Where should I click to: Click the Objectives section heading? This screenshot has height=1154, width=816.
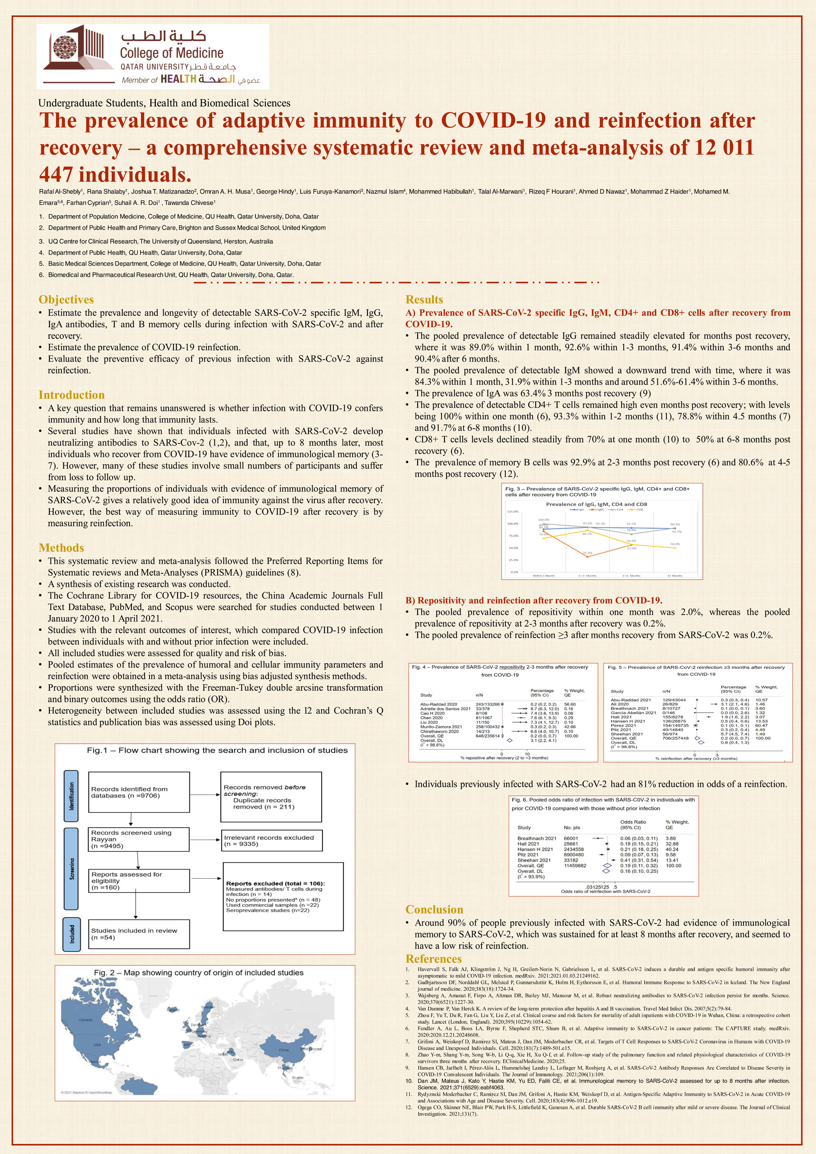[66, 300]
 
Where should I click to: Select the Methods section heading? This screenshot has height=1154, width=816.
[61, 548]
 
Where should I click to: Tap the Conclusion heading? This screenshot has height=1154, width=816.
[434, 910]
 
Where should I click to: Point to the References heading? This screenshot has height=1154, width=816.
[433, 959]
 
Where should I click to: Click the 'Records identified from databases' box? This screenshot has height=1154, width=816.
[139, 793]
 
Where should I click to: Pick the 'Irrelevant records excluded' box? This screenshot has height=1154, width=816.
[272, 840]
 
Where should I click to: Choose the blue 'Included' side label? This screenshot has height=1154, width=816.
[71, 934]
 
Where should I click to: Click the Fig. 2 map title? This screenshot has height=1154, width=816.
[199, 973]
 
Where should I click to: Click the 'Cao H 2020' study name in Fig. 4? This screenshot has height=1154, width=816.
[432, 713]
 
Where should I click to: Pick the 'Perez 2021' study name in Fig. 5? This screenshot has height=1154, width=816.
[623, 725]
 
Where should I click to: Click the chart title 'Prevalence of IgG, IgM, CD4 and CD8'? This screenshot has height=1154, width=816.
[596, 504]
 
